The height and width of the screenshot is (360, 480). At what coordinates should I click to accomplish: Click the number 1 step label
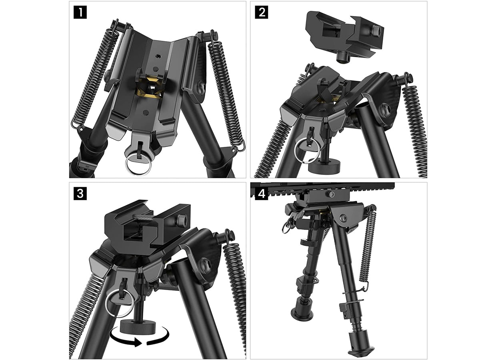pos(80,12)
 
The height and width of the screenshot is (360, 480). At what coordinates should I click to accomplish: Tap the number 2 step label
pos(261,12)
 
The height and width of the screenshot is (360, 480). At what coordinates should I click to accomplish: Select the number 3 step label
pos(80,194)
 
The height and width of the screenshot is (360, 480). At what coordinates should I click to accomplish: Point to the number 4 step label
pos(261,194)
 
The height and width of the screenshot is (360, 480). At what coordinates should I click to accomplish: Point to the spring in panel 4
pos(368,246)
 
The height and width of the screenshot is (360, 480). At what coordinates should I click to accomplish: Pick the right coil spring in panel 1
pos(226,90)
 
